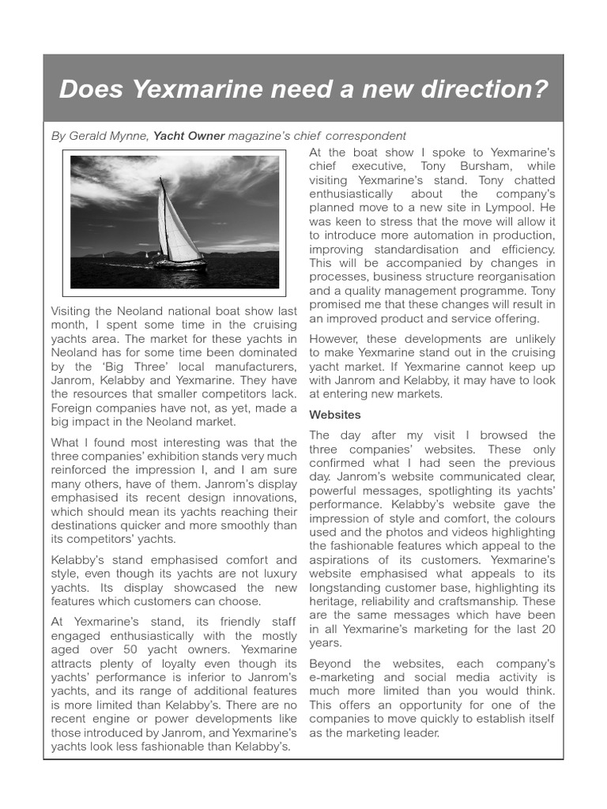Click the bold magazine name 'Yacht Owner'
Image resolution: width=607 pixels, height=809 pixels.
[189, 136]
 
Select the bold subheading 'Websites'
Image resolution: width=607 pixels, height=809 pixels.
[334, 414]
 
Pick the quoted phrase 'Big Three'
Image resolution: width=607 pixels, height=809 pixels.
[122, 367]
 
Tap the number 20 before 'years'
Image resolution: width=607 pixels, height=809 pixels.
[546, 629]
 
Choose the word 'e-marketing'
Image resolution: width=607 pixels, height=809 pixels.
[341, 677]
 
